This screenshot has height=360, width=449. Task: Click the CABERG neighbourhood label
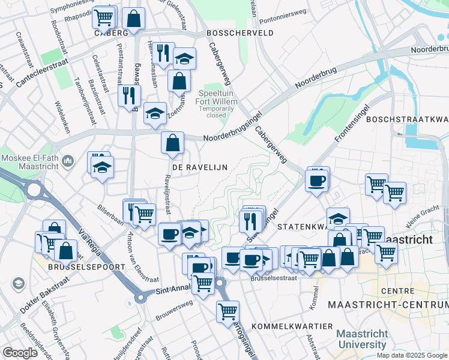111,33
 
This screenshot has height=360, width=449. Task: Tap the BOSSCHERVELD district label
240,33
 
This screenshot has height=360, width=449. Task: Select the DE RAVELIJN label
200,167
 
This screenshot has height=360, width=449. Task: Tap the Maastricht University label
361,339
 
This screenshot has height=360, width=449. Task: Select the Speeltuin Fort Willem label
218,101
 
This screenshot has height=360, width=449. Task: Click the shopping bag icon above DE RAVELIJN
172,143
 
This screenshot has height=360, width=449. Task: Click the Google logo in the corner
20,353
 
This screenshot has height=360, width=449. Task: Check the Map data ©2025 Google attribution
412,355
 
